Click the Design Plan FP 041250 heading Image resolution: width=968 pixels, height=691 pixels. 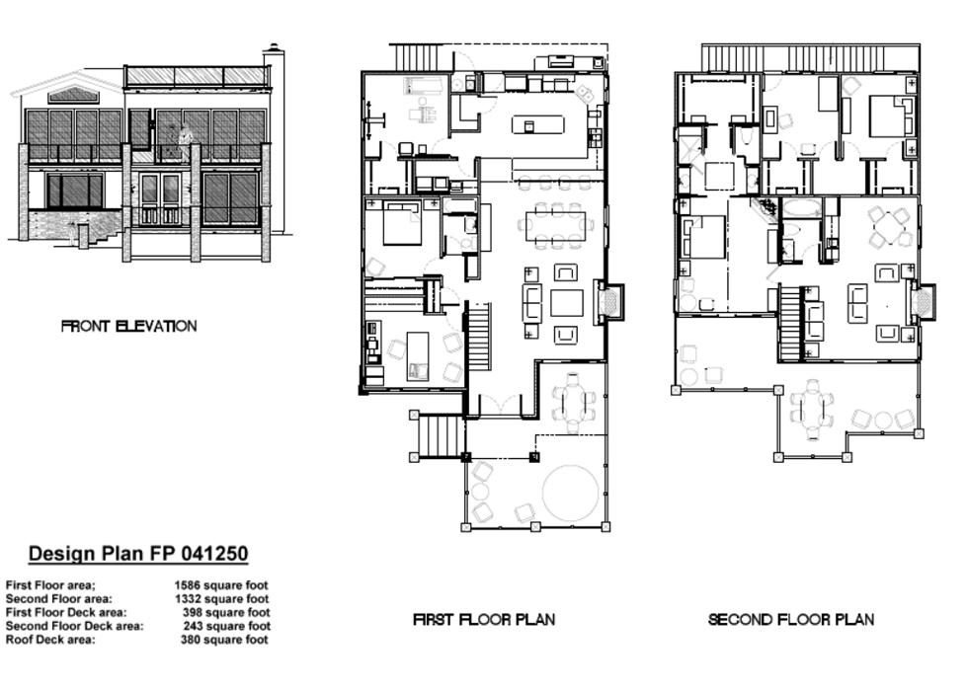[138, 554]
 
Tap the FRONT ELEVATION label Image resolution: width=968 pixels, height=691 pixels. [129, 327]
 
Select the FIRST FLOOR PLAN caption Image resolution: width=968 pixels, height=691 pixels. [484, 620]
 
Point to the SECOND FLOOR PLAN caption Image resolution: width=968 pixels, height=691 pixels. [791, 620]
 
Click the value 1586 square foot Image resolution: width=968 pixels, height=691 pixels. [221, 584]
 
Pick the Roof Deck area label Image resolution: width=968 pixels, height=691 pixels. [50, 640]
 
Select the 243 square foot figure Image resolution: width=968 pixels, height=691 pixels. [226, 626]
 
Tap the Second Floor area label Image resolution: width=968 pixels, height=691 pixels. [59, 598]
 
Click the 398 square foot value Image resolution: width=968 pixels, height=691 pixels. [226, 612]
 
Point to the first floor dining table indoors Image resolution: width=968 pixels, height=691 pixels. [557, 226]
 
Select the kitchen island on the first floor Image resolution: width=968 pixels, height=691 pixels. [537, 124]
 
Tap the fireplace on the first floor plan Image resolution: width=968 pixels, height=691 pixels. [610, 302]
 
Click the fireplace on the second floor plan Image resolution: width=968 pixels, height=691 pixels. [923, 302]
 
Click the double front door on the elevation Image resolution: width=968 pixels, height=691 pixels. [160, 198]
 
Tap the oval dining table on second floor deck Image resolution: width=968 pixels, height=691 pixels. [812, 408]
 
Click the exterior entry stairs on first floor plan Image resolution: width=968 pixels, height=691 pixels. [440, 435]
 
